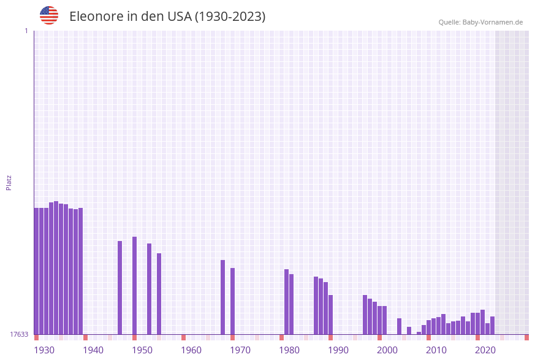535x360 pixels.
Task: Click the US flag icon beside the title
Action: pos(49,15)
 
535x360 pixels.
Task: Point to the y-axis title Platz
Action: pos(9,182)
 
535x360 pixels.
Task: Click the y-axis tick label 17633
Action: pos(18,334)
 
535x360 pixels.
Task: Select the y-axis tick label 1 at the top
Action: pos(26,31)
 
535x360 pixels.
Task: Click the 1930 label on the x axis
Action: pos(44,350)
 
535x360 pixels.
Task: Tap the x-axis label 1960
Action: pos(191,350)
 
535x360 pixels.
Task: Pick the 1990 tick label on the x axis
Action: pos(338,350)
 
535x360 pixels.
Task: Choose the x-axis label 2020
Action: pos(485,350)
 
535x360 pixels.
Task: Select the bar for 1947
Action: pos(120,288)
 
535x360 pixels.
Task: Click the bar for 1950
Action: pos(134,285)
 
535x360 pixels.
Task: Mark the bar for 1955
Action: pos(159,294)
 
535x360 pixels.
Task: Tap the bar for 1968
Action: pos(222,297)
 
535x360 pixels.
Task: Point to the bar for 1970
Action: pos(232,301)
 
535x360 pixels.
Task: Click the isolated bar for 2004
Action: pos(399,326)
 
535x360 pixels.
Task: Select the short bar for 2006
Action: pos(409,331)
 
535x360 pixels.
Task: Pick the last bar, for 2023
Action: pos(492,325)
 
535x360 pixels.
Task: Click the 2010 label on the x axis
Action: pos(436,350)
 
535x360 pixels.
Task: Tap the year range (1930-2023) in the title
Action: pos(230,17)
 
